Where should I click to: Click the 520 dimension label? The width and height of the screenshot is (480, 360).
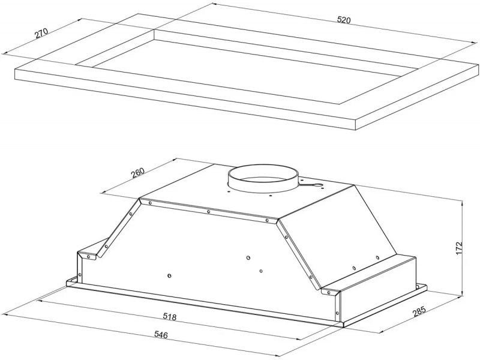pyautogui.click(x=343, y=20)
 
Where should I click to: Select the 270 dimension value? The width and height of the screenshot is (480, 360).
pyautogui.click(x=41, y=33)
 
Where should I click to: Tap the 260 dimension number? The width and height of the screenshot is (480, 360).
pyautogui.click(x=137, y=173)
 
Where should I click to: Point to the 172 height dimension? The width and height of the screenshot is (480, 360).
pyautogui.click(x=458, y=249)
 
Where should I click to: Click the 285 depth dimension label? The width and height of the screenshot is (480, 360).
pyautogui.click(x=419, y=311)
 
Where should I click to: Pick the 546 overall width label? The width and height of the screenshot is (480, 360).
pyautogui.click(x=161, y=335)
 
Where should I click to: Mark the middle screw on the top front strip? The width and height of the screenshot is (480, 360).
pyautogui.click(x=208, y=212)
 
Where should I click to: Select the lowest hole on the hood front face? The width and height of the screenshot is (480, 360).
pyautogui.click(x=170, y=276)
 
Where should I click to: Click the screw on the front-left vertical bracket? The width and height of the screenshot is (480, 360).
pyautogui.click(x=80, y=274)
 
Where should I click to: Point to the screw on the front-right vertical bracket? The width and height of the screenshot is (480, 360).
pyautogui.click(x=337, y=313)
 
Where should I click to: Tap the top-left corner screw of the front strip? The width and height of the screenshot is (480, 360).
pyautogui.click(x=150, y=203)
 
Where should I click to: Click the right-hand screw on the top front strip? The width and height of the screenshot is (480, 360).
pyautogui.click(x=267, y=220)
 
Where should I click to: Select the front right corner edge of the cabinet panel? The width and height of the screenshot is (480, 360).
pyautogui.click(x=356, y=124)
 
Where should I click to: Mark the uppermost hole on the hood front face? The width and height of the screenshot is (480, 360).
pyautogui.click(x=248, y=258)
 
